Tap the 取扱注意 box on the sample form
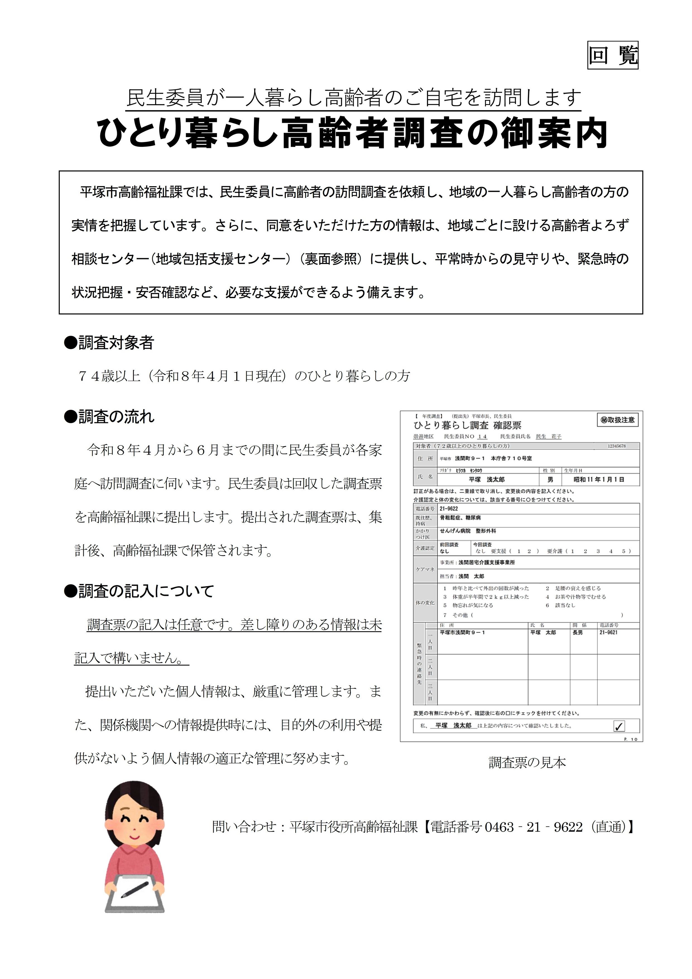coord(617,420)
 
